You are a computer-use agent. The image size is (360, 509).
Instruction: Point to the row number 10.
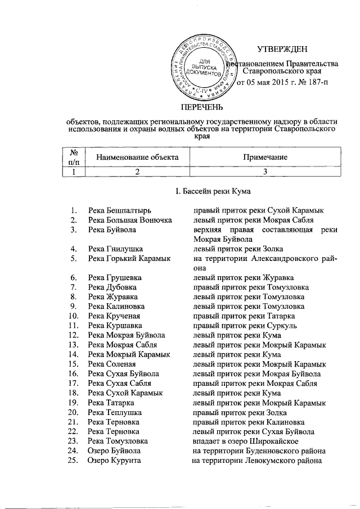tap(71, 316)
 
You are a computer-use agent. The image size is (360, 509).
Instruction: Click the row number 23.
tap(71, 442)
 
